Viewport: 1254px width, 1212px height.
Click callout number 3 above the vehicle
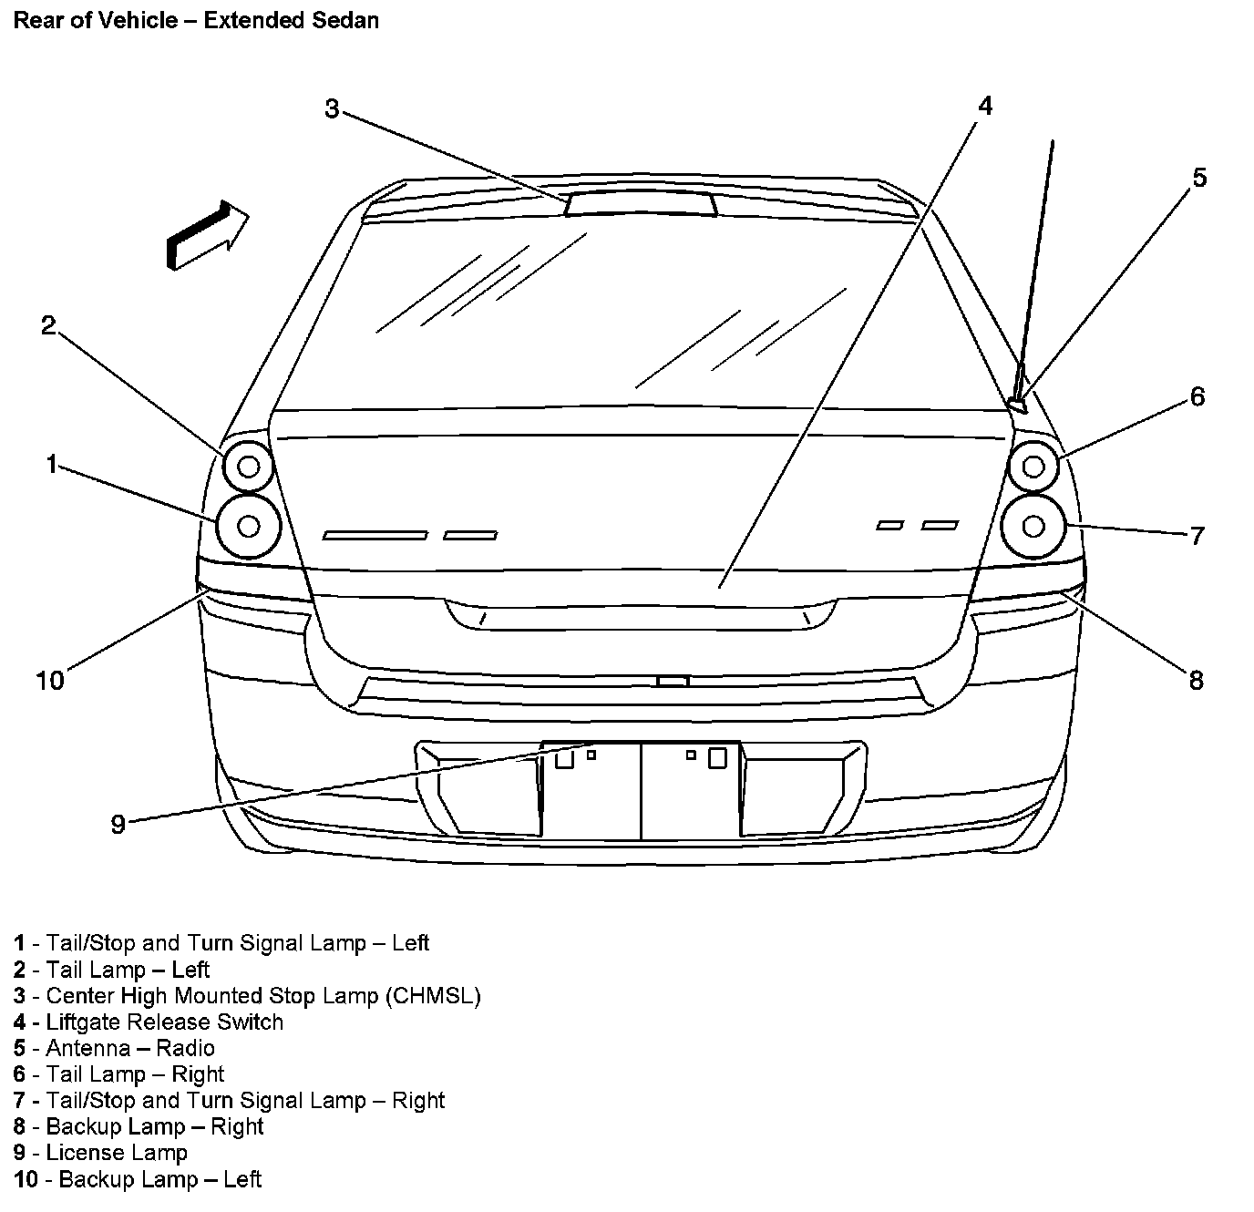coord(332,108)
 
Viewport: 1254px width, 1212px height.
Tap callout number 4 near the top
coord(984,106)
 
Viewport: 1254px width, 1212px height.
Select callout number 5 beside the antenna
coord(1199,177)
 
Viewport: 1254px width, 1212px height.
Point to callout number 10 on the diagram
coord(50,680)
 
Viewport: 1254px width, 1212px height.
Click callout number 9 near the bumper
coord(118,825)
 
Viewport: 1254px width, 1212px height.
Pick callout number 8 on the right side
coord(1196,680)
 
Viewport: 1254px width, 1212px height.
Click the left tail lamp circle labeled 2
coord(248,466)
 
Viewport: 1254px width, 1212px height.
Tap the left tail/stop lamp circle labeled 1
coord(247,525)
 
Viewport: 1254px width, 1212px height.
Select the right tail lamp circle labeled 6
coord(1033,466)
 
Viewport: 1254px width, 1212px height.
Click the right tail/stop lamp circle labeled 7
coord(1033,526)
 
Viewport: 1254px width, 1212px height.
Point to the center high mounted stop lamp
coord(641,204)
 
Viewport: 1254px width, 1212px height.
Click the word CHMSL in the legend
coord(433,996)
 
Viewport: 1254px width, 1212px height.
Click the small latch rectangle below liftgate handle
coord(673,681)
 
